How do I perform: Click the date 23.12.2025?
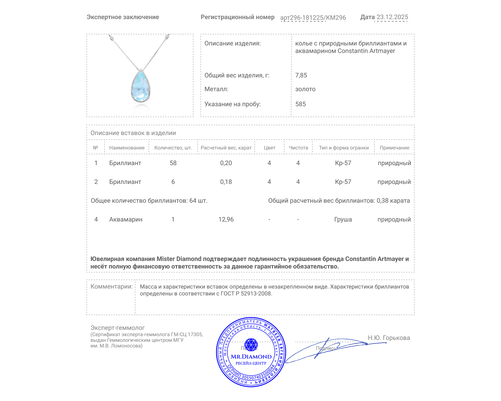[x=392, y=17]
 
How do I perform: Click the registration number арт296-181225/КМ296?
[x=313, y=18]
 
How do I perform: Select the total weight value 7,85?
[x=301, y=75]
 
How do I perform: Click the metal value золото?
[x=305, y=89]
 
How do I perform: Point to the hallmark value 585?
[x=300, y=104]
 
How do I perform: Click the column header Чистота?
[x=298, y=148]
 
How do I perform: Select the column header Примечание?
[x=394, y=148]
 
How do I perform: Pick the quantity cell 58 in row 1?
[x=173, y=163]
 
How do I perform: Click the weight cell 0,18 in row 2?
[x=226, y=182]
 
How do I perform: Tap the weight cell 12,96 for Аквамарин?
[x=226, y=219]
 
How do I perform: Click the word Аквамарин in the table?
[x=126, y=219]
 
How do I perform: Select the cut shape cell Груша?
[x=343, y=219]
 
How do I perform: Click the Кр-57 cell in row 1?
[x=343, y=163]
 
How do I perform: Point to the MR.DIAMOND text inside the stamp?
[x=251, y=357]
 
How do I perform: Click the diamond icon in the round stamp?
[x=251, y=344]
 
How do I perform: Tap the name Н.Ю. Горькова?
[x=389, y=338]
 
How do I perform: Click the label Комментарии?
[x=111, y=286]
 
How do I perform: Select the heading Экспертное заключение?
[x=123, y=17]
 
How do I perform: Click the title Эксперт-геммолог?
[x=117, y=328]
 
